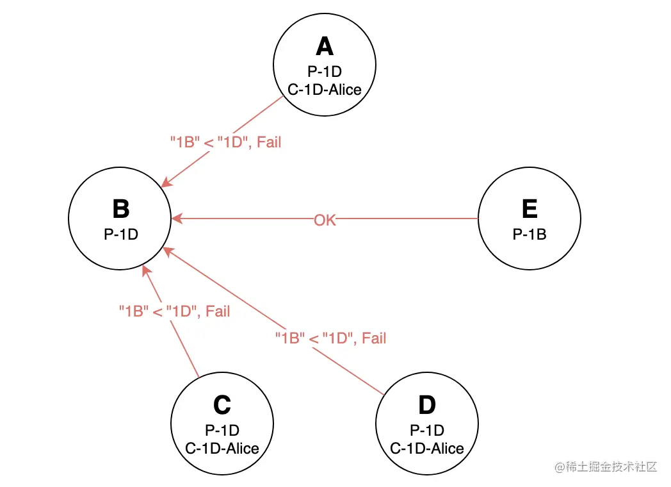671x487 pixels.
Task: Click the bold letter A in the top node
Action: click(x=325, y=47)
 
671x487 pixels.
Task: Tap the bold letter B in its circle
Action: click(x=120, y=210)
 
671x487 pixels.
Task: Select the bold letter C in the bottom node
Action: click(x=222, y=405)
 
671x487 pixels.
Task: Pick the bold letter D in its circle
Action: click(x=426, y=405)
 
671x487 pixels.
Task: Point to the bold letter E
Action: click(x=530, y=210)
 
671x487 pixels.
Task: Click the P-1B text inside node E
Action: click(x=530, y=235)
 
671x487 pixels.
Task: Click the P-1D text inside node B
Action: click(x=120, y=235)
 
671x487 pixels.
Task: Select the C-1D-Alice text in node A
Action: click(x=325, y=89)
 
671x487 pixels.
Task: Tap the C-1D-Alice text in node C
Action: click(x=222, y=448)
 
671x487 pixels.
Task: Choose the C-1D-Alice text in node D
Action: click(x=427, y=448)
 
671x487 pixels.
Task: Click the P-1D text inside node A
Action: click(x=325, y=72)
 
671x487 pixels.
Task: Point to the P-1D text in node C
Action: click(x=222, y=431)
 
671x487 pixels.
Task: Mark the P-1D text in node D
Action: click(x=427, y=431)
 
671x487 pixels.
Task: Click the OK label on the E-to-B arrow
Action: click(x=325, y=220)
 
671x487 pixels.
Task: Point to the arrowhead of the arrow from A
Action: click(x=166, y=183)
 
